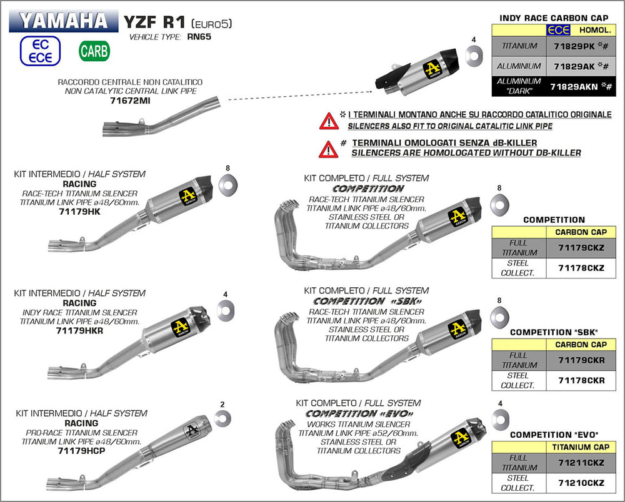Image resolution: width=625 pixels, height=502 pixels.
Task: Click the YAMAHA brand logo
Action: coord(63,20)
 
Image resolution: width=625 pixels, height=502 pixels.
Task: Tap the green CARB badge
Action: coord(94,51)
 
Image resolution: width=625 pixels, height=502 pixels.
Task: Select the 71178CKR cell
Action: coord(581,380)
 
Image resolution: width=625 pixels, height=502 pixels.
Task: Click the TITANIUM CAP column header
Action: coord(581,447)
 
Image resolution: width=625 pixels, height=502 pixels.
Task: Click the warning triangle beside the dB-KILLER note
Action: coord(328,149)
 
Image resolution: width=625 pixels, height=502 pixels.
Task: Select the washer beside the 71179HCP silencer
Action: coord(222,418)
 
